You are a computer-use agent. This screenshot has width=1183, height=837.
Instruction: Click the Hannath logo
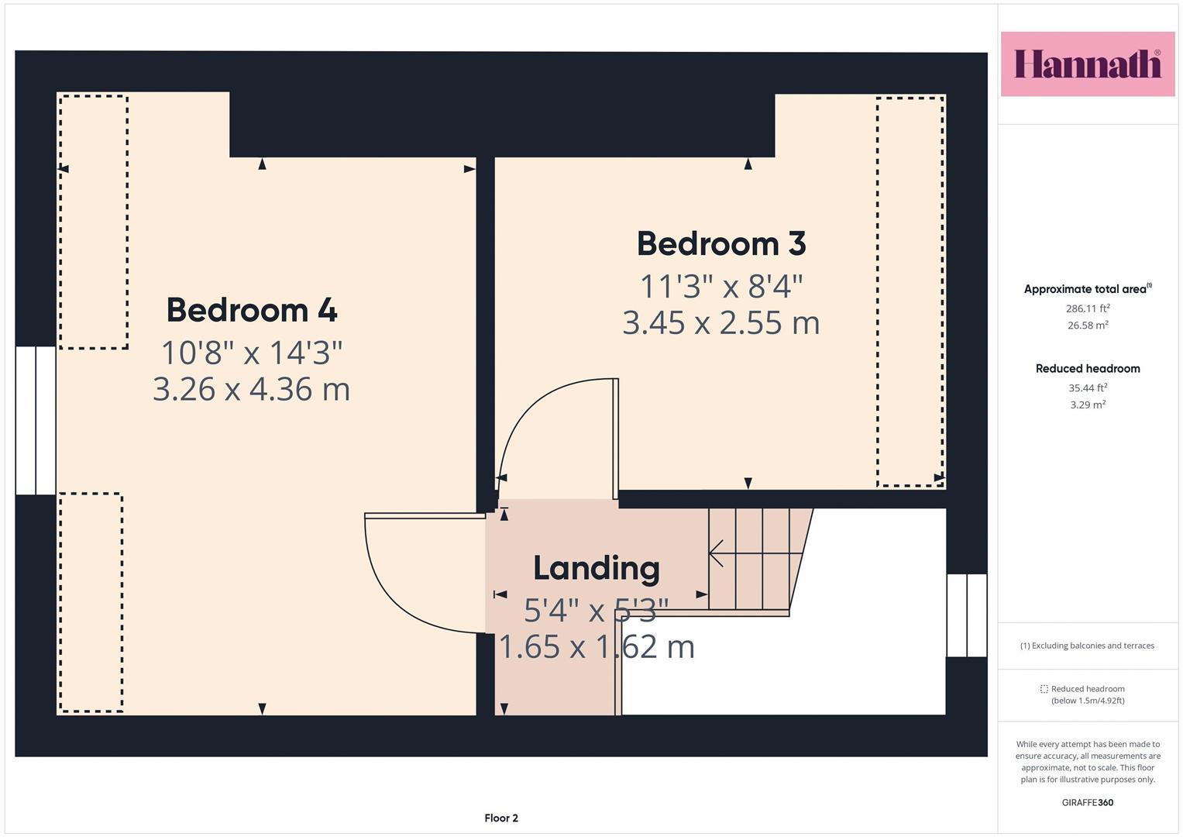click(x=1088, y=64)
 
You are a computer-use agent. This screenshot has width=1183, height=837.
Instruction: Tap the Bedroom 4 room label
click(x=252, y=310)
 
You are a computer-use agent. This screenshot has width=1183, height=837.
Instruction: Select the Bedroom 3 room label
click(x=721, y=243)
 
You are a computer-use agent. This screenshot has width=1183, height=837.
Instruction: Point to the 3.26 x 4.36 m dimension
click(x=251, y=389)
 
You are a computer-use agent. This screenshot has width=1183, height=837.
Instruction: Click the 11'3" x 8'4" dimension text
click(x=721, y=287)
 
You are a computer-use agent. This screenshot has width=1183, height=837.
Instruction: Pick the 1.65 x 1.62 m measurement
click(x=597, y=647)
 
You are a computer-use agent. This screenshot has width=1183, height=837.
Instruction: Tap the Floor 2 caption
click(x=501, y=818)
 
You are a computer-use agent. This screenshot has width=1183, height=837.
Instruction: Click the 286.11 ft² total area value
click(x=1088, y=308)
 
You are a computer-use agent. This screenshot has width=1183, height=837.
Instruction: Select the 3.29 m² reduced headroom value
click(x=1088, y=405)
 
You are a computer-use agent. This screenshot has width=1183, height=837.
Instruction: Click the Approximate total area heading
click(x=1088, y=288)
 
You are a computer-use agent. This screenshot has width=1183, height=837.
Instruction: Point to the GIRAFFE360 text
click(x=1088, y=803)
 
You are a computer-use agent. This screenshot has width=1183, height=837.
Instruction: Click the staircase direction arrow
click(x=756, y=553)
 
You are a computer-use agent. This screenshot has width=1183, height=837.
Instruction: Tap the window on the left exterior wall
click(x=36, y=421)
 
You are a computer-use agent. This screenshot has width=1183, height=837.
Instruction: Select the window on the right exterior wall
click(x=967, y=615)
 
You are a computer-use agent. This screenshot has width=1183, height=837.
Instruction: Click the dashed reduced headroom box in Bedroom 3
click(x=911, y=291)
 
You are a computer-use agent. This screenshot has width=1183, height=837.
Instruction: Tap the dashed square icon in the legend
click(x=1044, y=689)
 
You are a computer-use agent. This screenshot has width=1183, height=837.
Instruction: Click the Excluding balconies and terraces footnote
click(x=1088, y=646)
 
